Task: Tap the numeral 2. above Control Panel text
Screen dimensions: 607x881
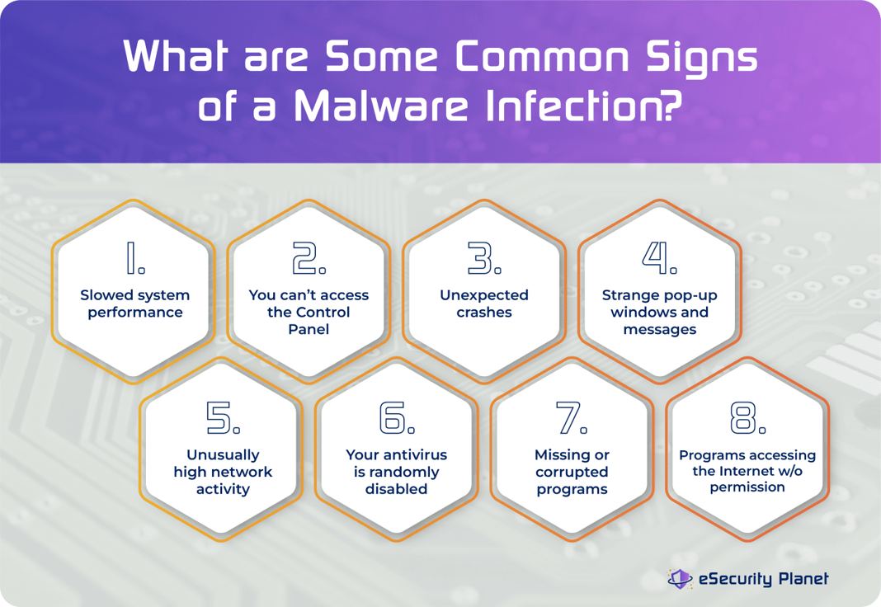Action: (309, 259)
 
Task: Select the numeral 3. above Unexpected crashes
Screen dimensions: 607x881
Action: (485, 259)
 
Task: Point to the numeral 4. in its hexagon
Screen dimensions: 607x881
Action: (660, 259)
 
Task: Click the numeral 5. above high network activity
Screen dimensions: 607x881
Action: (223, 419)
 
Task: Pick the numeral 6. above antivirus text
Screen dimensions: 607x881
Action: (397, 419)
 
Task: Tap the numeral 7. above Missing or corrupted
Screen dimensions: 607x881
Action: (572, 419)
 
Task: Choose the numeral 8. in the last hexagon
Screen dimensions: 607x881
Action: (747, 419)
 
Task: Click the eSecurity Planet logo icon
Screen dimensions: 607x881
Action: (680, 579)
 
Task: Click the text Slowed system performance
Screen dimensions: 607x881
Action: (135, 303)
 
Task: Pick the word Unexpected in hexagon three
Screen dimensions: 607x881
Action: (484, 295)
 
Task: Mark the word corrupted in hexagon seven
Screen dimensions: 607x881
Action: (572, 472)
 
